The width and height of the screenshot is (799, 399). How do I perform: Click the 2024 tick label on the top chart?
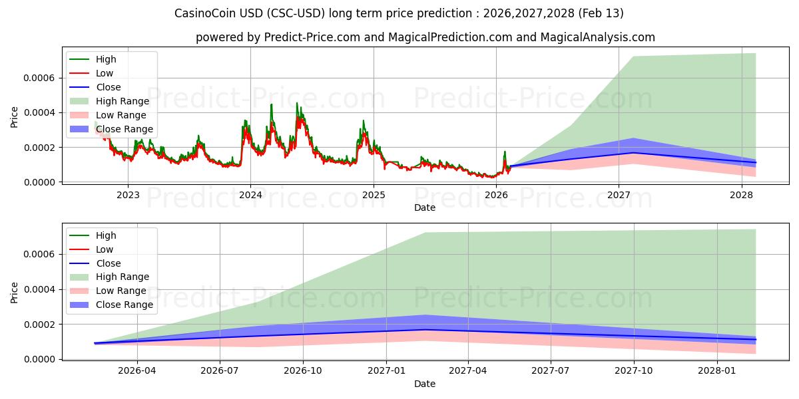[250, 196]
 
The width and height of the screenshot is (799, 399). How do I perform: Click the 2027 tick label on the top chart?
[619, 196]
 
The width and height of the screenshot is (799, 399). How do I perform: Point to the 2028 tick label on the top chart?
[741, 196]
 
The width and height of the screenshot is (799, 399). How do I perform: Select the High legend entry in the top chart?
[105, 59]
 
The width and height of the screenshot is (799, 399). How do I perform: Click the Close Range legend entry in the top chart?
[124, 129]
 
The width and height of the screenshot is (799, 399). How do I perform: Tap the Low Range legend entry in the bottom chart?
[121, 291]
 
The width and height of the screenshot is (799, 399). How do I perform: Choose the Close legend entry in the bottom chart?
[108, 263]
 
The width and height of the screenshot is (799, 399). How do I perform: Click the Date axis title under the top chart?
[425, 207]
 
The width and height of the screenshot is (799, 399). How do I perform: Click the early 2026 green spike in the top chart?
[504, 152]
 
